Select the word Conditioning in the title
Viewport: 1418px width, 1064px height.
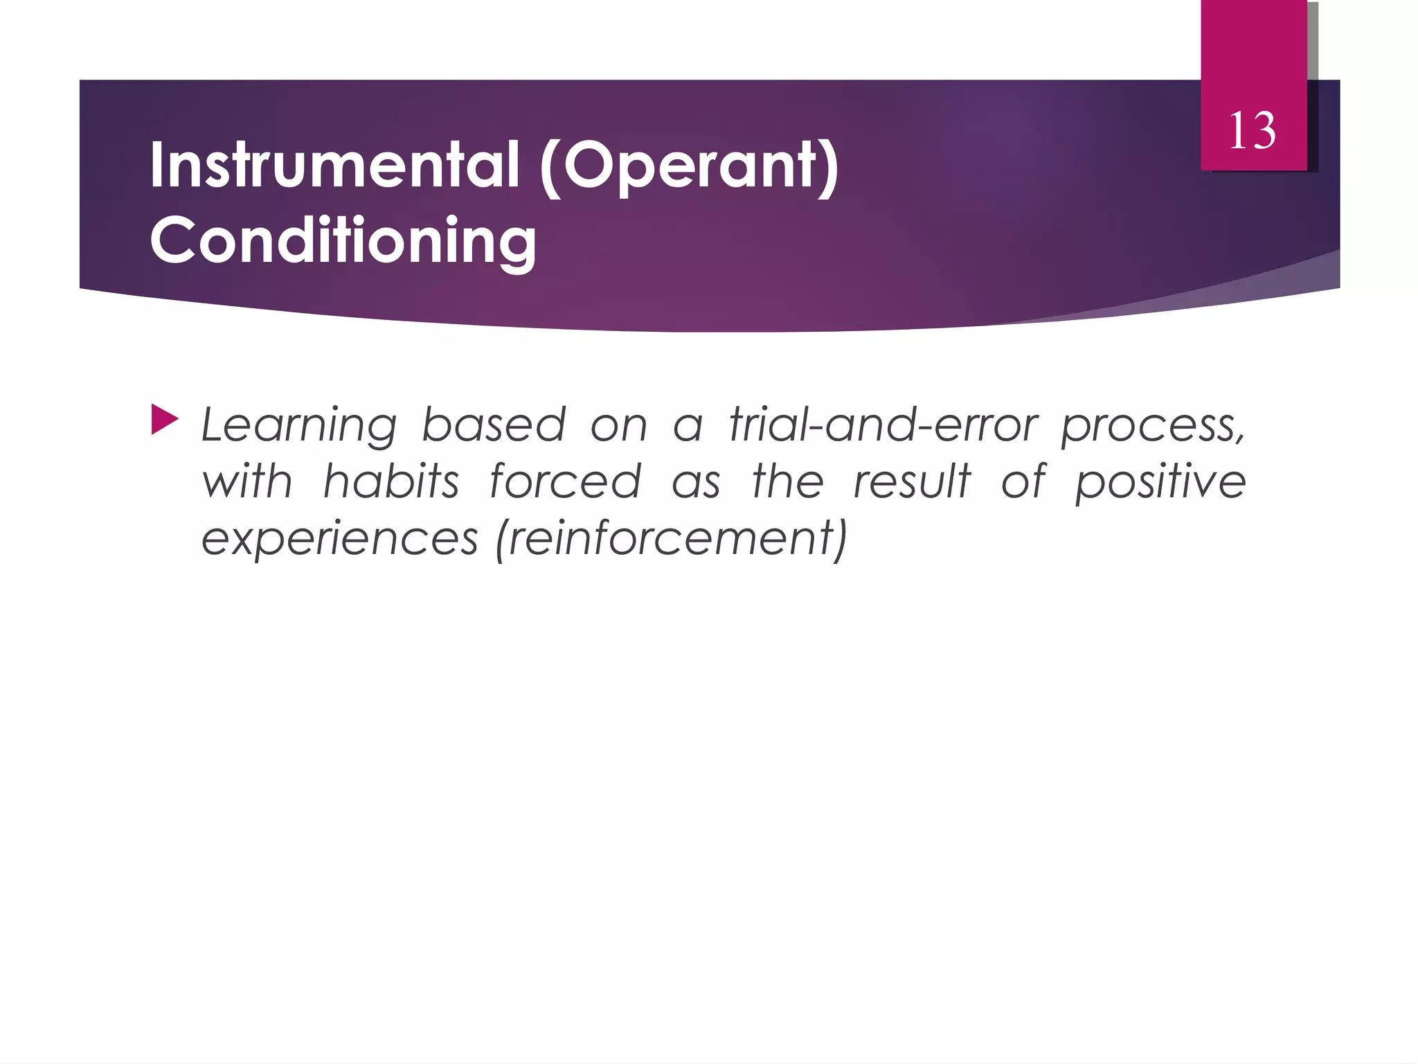pyautogui.click(x=343, y=240)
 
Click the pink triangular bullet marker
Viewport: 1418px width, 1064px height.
pyautogui.click(x=165, y=420)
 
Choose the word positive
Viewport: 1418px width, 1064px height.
pyautogui.click(x=1160, y=482)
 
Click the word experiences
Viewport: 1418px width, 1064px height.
pyautogui.click(x=339, y=539)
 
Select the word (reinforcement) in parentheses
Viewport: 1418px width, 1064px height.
pyautogui.click(x=671, y=539)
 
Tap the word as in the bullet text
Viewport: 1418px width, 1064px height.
pyautogui.click(x=697, y=482)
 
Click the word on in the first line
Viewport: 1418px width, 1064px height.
pyautogui.click(x=619, y=426)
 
